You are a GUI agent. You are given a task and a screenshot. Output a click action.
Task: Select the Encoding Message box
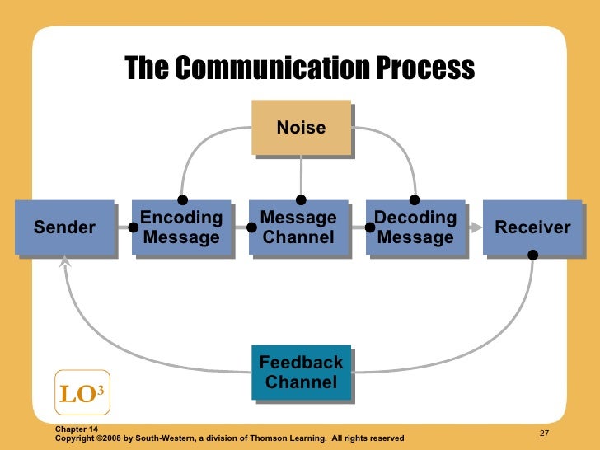pyautogui.click(x=181, y=227)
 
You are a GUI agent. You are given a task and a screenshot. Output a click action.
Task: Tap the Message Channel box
pyautogui.click(x=298, y=227)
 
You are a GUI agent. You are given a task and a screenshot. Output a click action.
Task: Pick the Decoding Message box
pyautogui.click(x=415, y=227)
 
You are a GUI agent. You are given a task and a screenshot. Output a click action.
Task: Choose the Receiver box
pyautogui.click(x=532, y=227)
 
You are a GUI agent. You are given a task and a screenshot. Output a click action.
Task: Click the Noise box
pyautogui.click(x=301, y=128)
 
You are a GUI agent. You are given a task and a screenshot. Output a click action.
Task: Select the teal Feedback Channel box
pyautogui.click(x=301, y=373)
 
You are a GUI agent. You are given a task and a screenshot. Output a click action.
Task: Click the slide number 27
pyautogui.click(x=544, y=434)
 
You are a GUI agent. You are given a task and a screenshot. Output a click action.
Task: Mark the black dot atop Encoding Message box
pyautogui.click(x=182, y=199)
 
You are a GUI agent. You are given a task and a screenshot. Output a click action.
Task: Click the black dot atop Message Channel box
pyautogui.click(x=301, y=199)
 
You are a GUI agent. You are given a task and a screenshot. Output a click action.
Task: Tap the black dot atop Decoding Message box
pyautogui.click(x=415, y=199)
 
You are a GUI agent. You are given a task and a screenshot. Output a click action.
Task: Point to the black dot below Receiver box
pyautogui.click(x=532, y=255)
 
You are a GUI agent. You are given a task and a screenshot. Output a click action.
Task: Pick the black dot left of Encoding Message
pyautogui.click(x=134, y=227)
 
